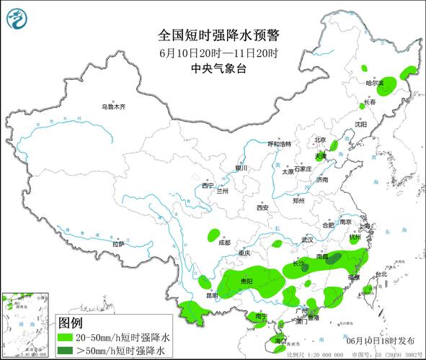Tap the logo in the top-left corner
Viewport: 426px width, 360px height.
(x=16, y=18)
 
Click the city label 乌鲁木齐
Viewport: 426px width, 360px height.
(x=113, y=107)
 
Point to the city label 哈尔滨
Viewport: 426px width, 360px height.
(x=375, y=84)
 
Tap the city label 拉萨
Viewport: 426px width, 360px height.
(x=118, y=244)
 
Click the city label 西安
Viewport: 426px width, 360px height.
(x=262, y=207)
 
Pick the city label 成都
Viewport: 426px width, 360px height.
(x=224, y=243)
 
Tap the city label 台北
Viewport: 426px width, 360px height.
(x=380, y=274)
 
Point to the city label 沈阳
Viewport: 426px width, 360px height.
(x=360, y=125)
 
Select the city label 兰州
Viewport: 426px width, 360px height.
(x=221, y=192)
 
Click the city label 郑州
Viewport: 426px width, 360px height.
(x=298, y=202)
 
